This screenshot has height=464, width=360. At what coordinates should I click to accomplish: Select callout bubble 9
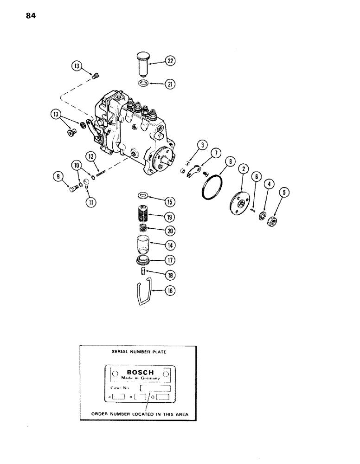(x=58, y=177)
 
